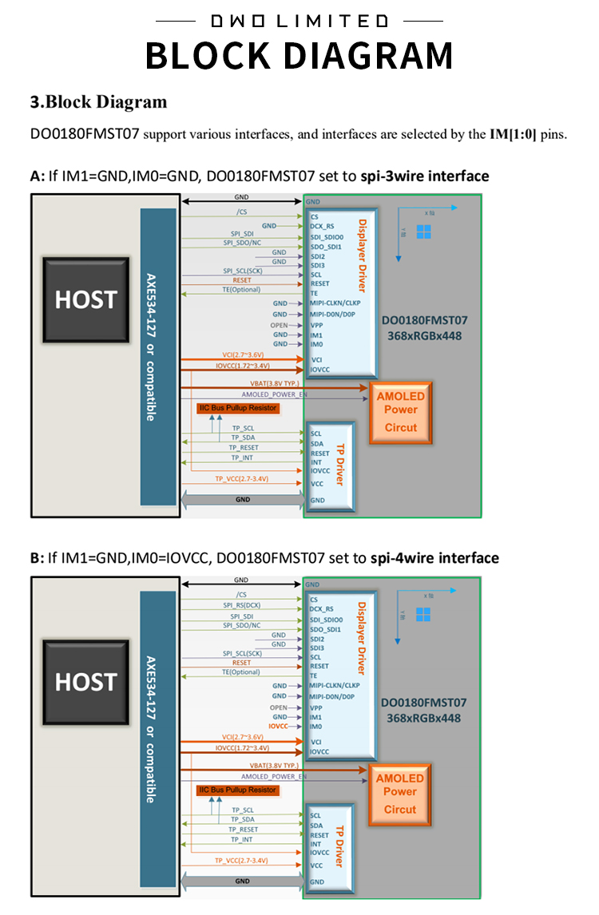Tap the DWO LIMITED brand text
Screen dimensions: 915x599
coord(299,21)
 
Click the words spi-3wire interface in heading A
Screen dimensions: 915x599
coord(419,176)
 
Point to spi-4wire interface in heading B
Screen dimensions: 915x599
coord(434,558)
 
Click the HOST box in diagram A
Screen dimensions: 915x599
coord(85,299)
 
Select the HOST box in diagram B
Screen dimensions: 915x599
coord(85,682)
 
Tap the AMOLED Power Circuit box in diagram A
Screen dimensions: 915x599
coord(400,411)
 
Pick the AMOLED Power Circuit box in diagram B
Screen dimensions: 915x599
coord(400,793)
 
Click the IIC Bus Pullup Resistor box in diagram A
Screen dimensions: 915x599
coord(237,408)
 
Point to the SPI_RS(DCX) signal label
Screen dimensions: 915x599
coord(241,605)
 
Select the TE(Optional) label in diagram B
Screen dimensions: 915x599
coord(241,672)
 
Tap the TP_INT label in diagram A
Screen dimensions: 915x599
coord(244,457)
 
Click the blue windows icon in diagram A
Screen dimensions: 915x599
coord(423,231)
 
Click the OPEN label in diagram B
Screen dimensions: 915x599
coord(279,707)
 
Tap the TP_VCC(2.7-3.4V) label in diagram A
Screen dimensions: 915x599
coord(241,479)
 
